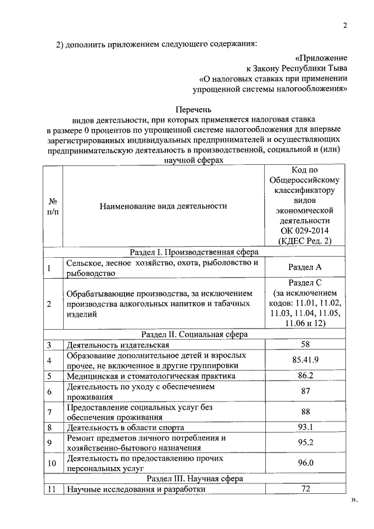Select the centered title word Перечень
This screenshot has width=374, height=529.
pos(195,109)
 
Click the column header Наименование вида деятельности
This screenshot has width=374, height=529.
pos(163,206)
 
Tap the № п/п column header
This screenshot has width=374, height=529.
pos(53,206)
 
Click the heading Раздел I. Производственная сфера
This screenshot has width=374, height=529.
pos(195,252)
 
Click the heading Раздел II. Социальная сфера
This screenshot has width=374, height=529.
pos(195,334)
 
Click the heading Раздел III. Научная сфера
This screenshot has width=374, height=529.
pos(195,478)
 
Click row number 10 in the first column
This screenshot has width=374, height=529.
pos(52,463)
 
